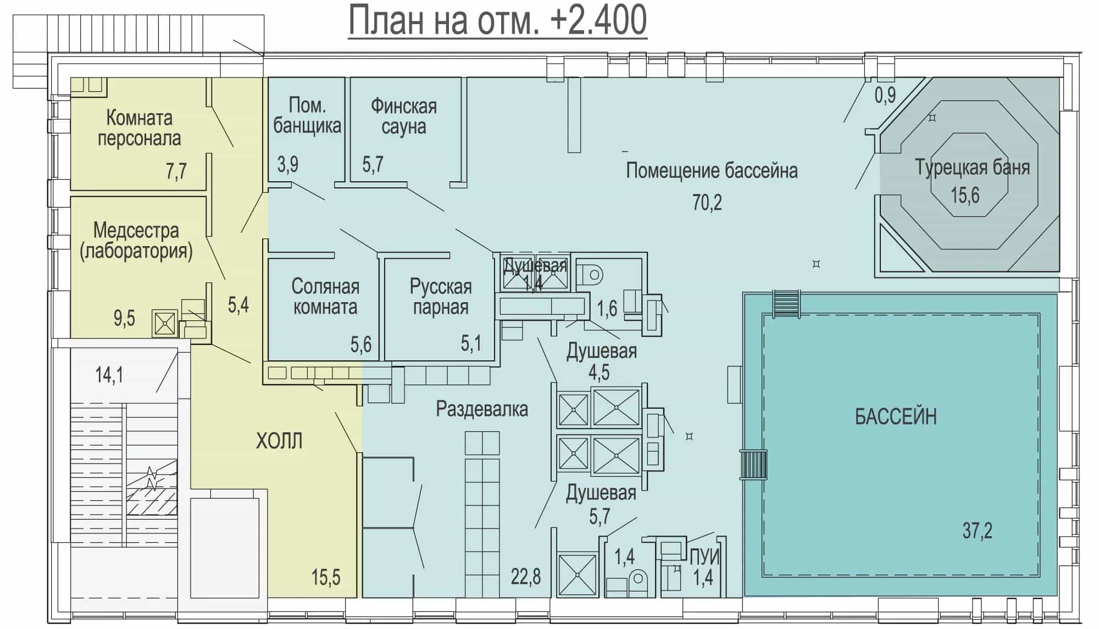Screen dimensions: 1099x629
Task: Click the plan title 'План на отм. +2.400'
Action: click(x=498, y=20)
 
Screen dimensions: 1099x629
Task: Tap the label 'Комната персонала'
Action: click(x=139, y=128)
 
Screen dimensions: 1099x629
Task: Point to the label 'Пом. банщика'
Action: click(x=307, y=115)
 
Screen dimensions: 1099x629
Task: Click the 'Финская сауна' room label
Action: click(x=404, y=116)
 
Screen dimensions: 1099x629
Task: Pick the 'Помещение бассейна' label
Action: click(x=712, y=170)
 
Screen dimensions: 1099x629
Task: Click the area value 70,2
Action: click(x=707, y=203)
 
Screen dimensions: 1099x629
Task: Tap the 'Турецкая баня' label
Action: click(x=972, y=167)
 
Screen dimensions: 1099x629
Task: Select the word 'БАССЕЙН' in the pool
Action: click(x=896, y=417)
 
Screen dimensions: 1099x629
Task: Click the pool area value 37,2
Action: click(x=977, y=531)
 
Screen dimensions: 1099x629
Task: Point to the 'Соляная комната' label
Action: click(x=325, y=297)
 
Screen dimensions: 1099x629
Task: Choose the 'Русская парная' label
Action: click(x=441, y=297)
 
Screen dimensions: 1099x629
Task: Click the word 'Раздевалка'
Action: click(x=482, y=409)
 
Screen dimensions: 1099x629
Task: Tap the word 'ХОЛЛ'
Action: click(x=279, y=441)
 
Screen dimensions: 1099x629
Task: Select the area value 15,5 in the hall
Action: click(x=326, y=577)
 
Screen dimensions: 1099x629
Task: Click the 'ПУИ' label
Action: click(x=704, y=557)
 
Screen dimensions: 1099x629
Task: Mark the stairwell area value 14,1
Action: click(x=109, y=375)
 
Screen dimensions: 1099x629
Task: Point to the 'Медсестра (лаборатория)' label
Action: click(x=136, y=241)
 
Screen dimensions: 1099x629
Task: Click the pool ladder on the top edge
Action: click(x=786, y=304)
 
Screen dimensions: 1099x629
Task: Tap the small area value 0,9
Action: click(x=885, y=96)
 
